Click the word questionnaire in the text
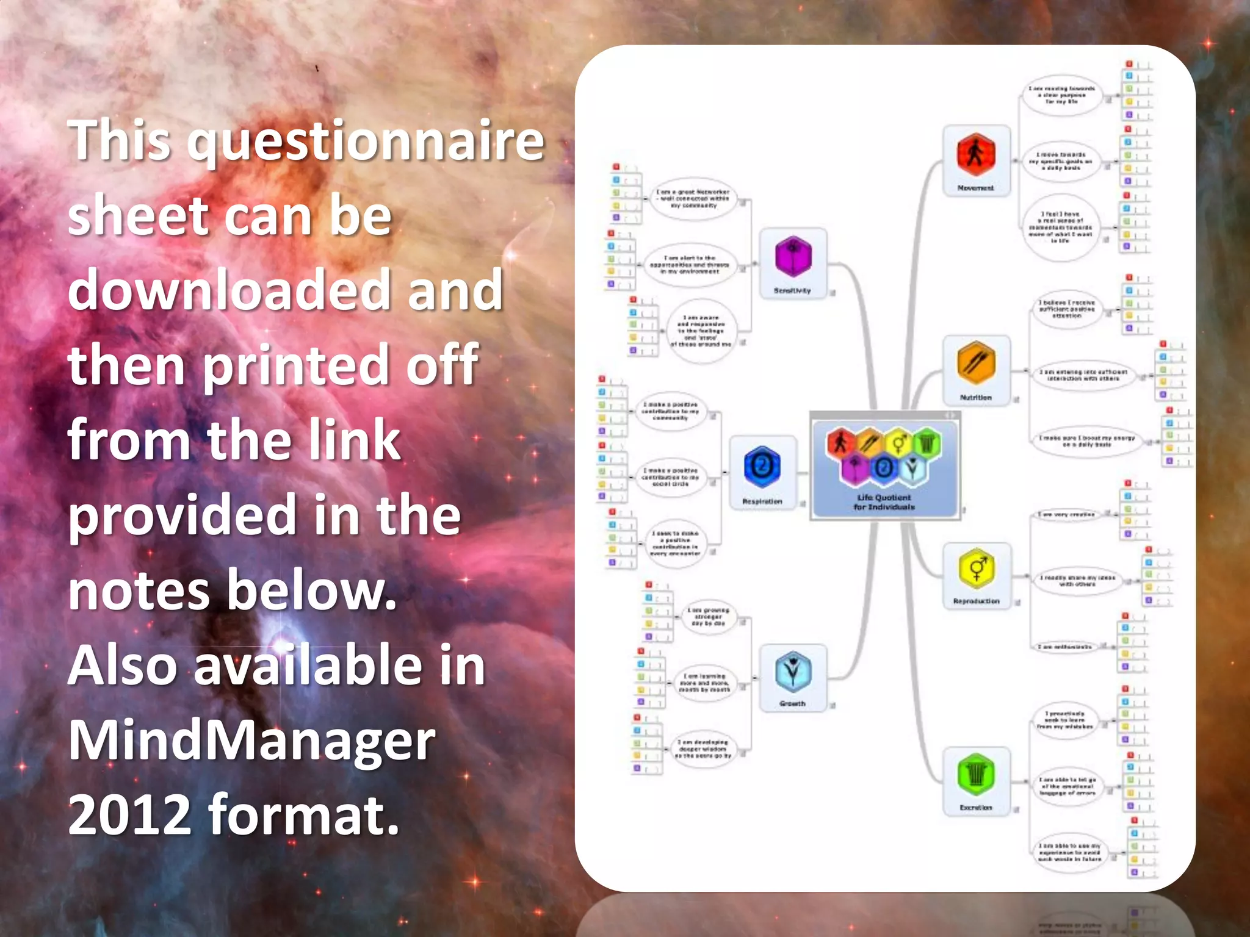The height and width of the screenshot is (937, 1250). click(365, 142)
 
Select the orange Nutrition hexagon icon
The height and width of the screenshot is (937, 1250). click(975, 364)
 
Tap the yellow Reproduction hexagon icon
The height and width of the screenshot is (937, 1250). click(976, 568)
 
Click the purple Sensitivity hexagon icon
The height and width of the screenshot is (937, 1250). click(793, 257)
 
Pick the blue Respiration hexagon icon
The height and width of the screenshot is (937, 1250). click(762, 467)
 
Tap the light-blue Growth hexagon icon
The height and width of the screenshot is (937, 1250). click(792, 672)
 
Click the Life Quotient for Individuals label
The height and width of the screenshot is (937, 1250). click(884, 502)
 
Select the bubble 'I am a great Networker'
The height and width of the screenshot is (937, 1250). click(692, 199)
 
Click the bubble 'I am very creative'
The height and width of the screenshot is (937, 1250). click(1066, 514)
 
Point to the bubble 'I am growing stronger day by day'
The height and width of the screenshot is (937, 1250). click(707, 617)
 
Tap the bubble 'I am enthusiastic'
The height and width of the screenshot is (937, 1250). click(1064, 646)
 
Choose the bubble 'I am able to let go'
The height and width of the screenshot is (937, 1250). click(1067, 786)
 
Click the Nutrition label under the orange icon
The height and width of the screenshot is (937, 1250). click(975, 397)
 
